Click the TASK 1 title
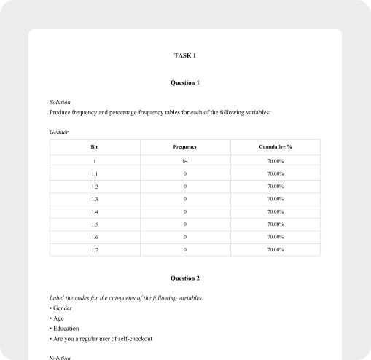coord(185,55)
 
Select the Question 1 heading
coord(185,83)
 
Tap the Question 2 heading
coord(185,278)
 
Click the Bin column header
coord(95,147)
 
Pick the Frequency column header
coord(185,147)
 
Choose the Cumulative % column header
coord(276,147)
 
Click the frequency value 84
coord(185,160)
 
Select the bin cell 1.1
coord(95,173)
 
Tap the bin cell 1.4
coord(95,211)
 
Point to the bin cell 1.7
coord(95,249)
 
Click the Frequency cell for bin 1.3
coord(185,199)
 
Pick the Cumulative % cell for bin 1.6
coord(276,237)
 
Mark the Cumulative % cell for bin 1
coord(276,160)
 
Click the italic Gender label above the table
coord(59,131)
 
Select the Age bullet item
coord(58,318)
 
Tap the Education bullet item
coord(65,329)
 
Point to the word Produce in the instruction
coord(60,113)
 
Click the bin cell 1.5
coord(95,224)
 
